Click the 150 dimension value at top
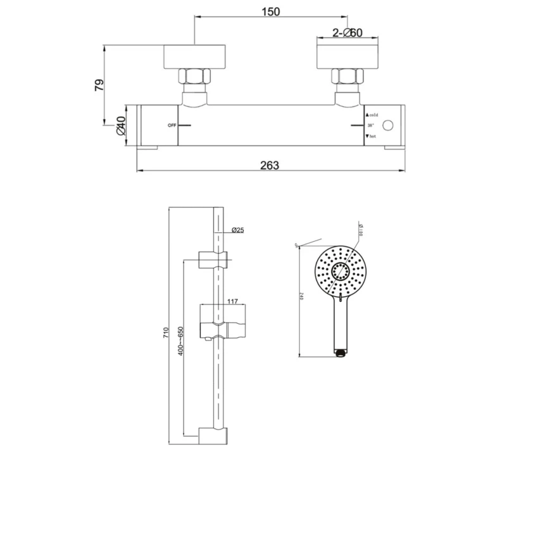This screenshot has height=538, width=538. tap(270, 11)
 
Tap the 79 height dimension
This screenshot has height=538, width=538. tap(99, 85)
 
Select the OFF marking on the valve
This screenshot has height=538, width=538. tap(171, 125)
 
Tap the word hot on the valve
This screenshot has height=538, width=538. tap(373, 136)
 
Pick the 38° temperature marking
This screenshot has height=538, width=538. tap(371, 125)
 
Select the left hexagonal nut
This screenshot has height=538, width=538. tap(196, 78)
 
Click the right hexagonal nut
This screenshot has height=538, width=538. tap(348, 78)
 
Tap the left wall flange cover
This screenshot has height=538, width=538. tap(196, 56)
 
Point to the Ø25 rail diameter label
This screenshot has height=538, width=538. tap(238, 230)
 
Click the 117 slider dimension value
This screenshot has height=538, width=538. tap(232, 302)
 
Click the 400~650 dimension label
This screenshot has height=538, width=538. tap(180, 342)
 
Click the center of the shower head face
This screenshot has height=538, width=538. tap(340, 272)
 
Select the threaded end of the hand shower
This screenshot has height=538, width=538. tap(340, 350)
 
